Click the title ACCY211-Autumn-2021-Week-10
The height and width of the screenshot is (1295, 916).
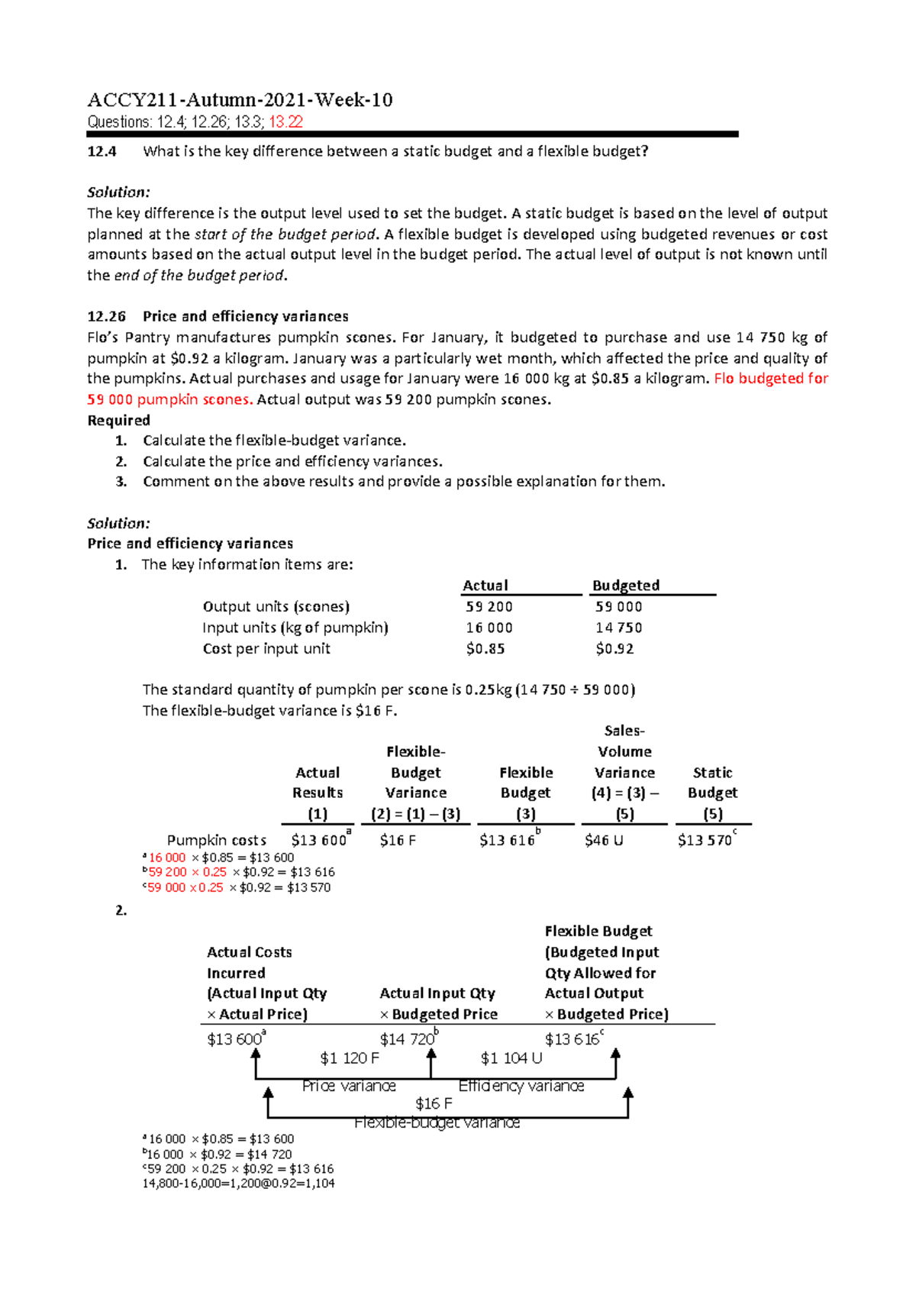pyautogui.click(x=240, y=100)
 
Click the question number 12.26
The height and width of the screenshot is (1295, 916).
pyautogui.click(x=103, y=316)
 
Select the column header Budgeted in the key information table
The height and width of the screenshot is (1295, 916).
pyautogui.click(x=626, y=586)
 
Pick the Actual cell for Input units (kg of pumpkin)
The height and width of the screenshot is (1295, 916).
pyautogui.click(x=489, y=628)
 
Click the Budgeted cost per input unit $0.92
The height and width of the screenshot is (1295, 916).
pyautogui.click(x=614, y=649)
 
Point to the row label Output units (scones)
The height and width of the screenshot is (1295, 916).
pyautogui.click(x=276, y=607)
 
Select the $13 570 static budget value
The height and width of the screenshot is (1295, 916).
pyautogui.click(x=705, y=841)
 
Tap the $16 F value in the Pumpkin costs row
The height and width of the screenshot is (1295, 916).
pyautogui.click(x=398, y=841)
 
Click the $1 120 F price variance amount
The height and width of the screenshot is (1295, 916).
pyautogui.click(x=350, y=1058)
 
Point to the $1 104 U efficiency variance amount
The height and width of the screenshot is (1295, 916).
pyautogui.click(x=511, y=1058)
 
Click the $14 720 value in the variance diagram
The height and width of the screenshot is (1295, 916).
pyautogui.click(x=407, y=1039)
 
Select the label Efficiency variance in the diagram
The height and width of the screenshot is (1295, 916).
pyautogui.click(x=521, y=1086)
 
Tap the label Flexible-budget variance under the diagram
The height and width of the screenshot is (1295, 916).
pyautogui.click(x=437, y=1122)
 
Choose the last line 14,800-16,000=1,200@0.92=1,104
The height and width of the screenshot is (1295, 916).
pyautogui.click(x=238, y=1184)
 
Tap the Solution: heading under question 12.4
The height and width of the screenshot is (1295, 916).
pyautogui.click(x=118, y=192)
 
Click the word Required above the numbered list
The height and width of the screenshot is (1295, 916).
pyautogui.click(x=118, y=421)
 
